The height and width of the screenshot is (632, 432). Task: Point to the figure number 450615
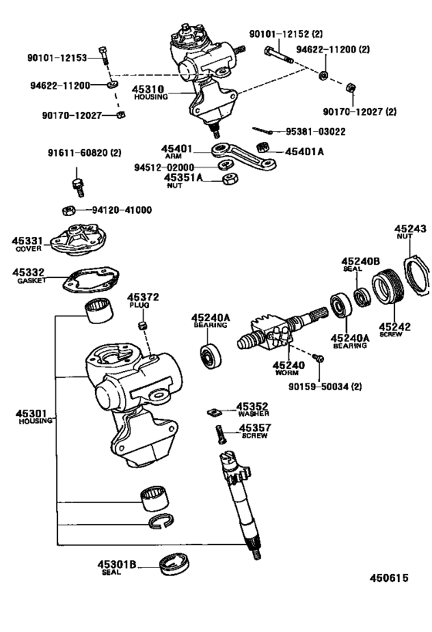[x=388, y=579]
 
